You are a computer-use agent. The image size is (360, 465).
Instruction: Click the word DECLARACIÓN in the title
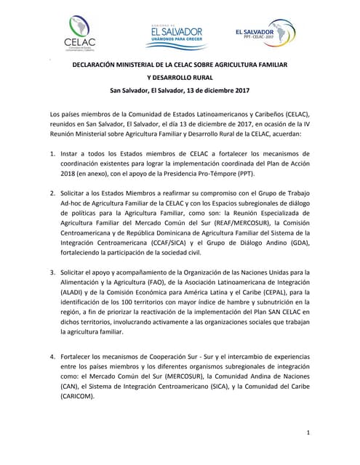pos(99,65)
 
